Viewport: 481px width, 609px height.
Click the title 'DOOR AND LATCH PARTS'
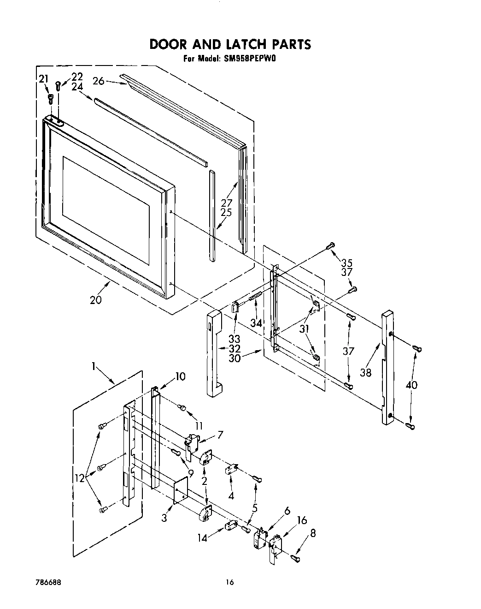230,44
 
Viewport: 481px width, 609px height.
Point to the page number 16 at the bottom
229,583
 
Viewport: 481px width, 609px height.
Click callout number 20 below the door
96,300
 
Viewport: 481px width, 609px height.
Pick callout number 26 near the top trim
98,81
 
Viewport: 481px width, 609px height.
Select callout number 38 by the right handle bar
365,372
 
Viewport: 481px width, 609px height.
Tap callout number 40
412,384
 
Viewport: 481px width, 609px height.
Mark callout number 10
180,376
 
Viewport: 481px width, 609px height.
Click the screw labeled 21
51,97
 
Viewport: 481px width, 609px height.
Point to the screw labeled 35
330,247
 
